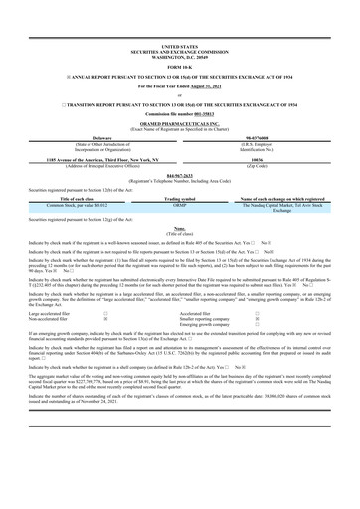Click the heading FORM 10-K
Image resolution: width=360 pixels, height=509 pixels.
[x=179, y=67]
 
